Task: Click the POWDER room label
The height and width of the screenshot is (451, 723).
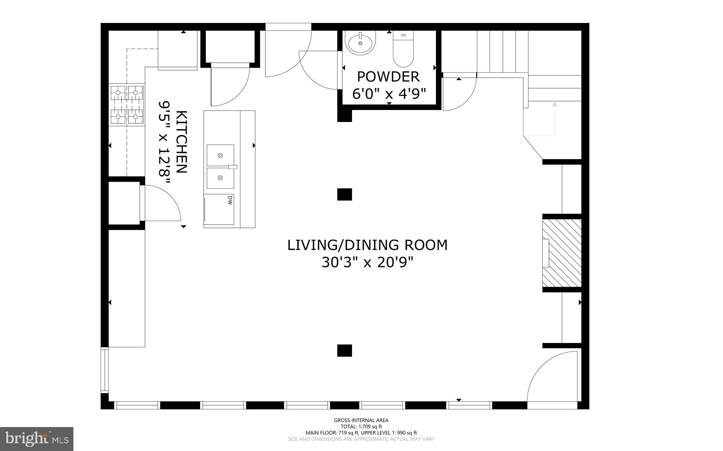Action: pyautogui.click(x=388, y=77)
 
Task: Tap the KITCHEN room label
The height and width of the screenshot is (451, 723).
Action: pyautogui.click(x=181, y=142)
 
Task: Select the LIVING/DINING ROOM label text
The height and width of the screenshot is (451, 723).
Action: pyautogui.click(x=367, y=245)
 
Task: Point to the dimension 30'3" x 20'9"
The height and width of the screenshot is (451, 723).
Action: pyautogui.click(x=367, y=262)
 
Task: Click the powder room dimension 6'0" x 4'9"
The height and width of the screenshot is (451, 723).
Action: pyautogui.click(x=389, y=94)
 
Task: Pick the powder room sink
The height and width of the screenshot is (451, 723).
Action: pyautogui.click(x=360, y=43)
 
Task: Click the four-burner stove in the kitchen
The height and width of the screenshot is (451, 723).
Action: pyautogui.click(x=127, y=104)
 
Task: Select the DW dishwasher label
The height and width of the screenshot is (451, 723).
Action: pyautogui.click(x=230, y=200)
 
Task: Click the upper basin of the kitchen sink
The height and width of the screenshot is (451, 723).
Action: pyautogui.click(x=220, y=155)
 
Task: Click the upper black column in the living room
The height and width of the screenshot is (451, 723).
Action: pyautogui.click(x=345, y=194)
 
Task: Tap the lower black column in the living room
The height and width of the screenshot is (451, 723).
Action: pyautogui.click(x=345, y=351)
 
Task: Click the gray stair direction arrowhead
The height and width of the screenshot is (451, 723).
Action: pyautogui.click(x=555, y=104)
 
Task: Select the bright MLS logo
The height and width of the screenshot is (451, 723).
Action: pyautogui.click(x=37, y=439)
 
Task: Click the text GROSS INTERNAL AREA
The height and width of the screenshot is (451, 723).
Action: pyautogui.click(x=361, y=420)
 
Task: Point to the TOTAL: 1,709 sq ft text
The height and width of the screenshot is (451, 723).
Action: pyautogui.click(x=361, y=427)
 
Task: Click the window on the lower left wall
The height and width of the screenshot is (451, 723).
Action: pyautogui.click(x=104, y=370)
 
